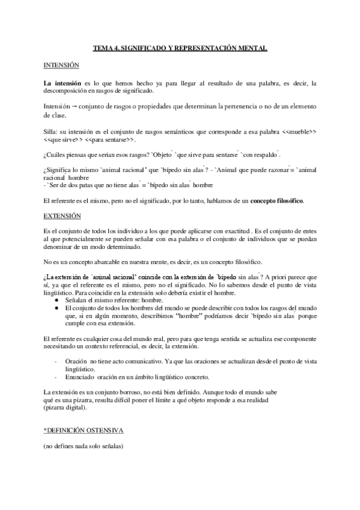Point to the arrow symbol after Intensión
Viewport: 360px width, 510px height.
tap(69, 106)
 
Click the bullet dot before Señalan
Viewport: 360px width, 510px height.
tap(56, 299)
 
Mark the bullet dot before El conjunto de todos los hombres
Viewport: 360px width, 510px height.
tap(56, 307)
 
